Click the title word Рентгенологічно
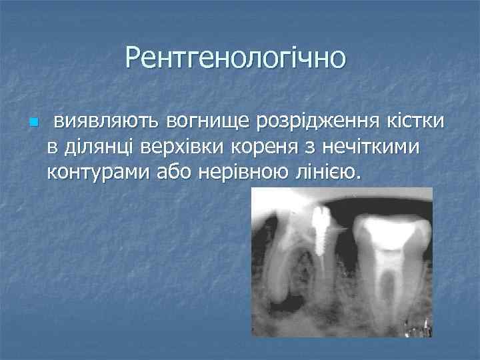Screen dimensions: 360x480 (x=235, y=58)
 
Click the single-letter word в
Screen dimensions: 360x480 (x=51, y=147)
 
